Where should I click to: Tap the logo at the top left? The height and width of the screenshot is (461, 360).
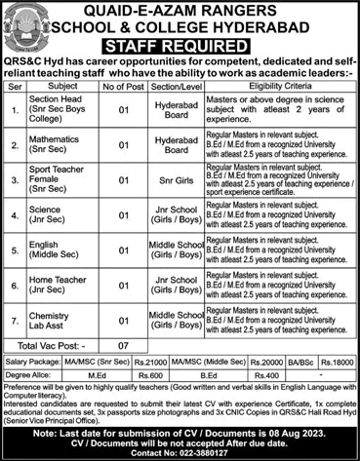pyautogui.click(x=23, y=23)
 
